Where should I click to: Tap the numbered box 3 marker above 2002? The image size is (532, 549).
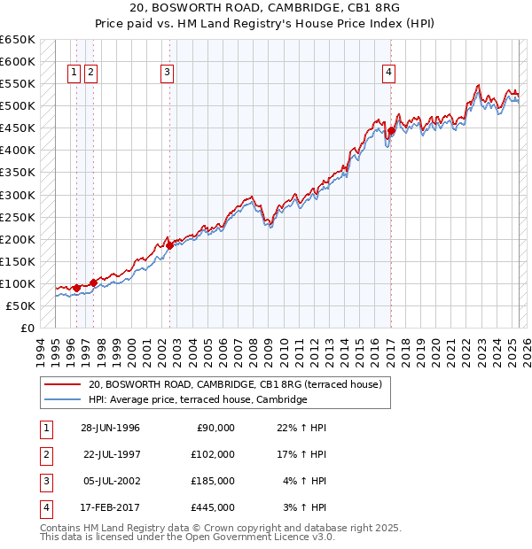click(168, 73)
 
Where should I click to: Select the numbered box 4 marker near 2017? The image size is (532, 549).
click(389, 73)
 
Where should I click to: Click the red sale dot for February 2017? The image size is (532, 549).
click(390, 131)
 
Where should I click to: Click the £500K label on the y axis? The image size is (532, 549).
click(18, 106)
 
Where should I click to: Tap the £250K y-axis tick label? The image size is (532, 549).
click(18, 217)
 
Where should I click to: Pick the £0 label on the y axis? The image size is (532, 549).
click(26, 328)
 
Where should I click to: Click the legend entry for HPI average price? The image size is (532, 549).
click(197, 400)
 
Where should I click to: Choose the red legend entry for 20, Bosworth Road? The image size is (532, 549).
click(234, 385)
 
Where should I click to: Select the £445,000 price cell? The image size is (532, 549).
click(213, 508)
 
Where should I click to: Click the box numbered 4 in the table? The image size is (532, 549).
click(45, 508)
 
